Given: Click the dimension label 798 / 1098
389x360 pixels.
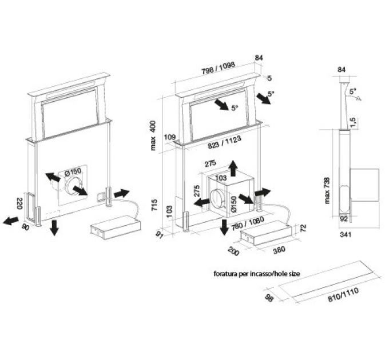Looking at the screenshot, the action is pos(218,68).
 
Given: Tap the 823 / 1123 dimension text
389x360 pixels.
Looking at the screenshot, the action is pos(224,142).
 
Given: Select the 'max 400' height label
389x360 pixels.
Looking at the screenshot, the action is pos(153,135).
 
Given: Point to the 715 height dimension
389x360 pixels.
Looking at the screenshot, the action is pos(154,205).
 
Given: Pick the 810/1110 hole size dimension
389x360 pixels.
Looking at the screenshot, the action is pos(343,295).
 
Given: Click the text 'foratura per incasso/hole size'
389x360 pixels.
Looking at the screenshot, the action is pos(257,274).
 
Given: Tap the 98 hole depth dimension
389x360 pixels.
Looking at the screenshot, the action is pos(269,298).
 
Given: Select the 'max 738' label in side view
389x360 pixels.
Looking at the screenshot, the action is pos(327,190).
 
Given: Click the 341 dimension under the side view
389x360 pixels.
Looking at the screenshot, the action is pos(346,234).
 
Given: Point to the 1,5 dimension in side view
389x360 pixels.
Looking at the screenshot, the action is pos(354,123).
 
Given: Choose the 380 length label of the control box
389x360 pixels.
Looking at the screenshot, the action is pos(279,250).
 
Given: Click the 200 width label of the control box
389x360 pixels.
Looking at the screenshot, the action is pos(233,251).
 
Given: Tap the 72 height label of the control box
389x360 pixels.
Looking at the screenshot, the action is pos(303,227).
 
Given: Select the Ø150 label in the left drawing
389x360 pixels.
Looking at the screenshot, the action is pos(73,171).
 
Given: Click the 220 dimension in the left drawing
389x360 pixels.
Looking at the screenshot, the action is pos(19,203).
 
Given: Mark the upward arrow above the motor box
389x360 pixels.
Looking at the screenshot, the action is pos(233,168).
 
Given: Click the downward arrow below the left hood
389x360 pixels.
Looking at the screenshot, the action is pos(54,227).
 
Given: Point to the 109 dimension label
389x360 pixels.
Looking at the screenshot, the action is pos(170,137).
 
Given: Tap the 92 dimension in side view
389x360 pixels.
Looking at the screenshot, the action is pos(344,219).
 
